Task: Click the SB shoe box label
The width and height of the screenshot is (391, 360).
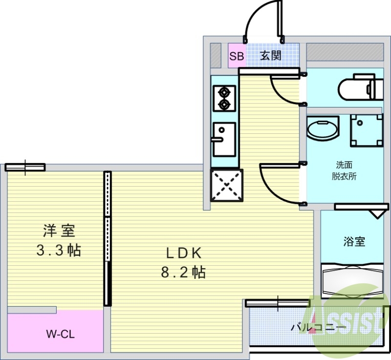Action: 237,56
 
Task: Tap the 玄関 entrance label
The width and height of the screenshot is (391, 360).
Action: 270,56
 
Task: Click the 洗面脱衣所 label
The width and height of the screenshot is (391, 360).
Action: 344,170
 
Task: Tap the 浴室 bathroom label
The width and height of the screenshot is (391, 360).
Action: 354,241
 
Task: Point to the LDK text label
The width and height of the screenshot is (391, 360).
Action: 183,253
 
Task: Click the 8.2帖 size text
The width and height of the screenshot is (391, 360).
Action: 183,272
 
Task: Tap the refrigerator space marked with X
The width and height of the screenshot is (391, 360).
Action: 226,185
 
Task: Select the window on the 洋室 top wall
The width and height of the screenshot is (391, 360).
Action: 25,168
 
